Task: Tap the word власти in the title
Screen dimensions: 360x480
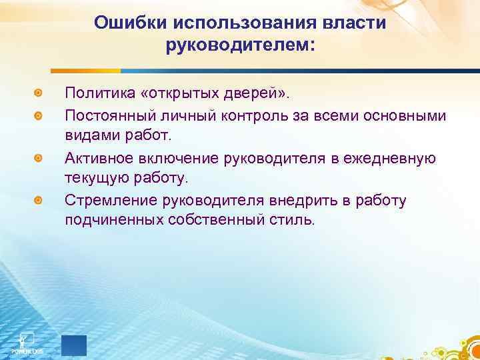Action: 358,23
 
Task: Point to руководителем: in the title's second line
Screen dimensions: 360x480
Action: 240,46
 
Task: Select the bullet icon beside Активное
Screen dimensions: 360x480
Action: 40,158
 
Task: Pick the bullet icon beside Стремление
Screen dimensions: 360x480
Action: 40,201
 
